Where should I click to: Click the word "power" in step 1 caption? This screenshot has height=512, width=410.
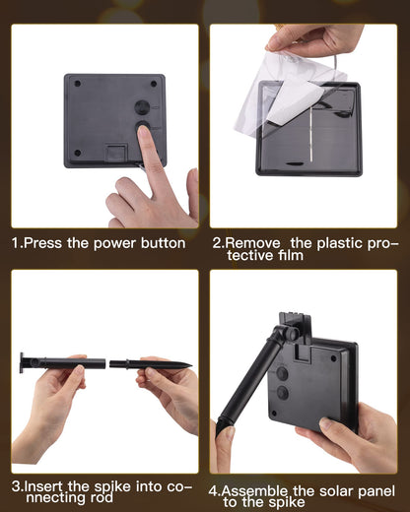[x=114, y=244]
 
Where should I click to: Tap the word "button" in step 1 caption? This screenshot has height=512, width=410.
[x=163, y=243]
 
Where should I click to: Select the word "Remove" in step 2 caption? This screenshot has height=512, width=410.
[x=252, y=243]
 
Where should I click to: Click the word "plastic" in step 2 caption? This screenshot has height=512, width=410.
[x=337, y=243]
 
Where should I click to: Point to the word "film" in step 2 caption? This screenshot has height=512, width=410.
[x=290, y=255]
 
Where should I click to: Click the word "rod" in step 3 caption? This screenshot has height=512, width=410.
[x=102, y=498]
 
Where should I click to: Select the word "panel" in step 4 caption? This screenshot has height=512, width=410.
[x=376, y=492]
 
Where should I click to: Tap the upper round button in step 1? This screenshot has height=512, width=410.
[x=142, y=107]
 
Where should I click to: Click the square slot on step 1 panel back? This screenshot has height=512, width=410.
[x=116, y=153]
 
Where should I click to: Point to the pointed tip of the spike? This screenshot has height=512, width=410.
[x=191, y=364]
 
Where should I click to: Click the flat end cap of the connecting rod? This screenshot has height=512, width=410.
[x=22, y=363]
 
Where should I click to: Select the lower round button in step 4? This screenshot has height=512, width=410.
[x=283, y=393]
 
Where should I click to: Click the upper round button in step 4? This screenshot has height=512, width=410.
[x=282, y=373]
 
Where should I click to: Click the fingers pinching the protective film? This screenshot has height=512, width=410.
[x=279, y=42]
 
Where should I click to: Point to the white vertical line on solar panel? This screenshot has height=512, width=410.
[x=310, y=135]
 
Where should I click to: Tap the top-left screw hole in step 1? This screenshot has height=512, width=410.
[x=78, y=84]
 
